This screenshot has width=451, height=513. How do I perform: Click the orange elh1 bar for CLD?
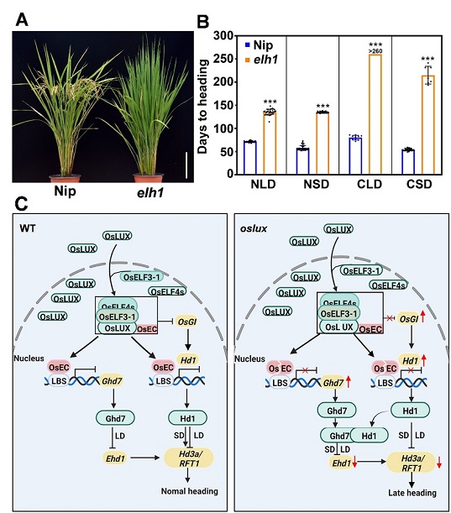coord(375,114)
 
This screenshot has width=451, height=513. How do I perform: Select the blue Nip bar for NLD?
coord(250,157)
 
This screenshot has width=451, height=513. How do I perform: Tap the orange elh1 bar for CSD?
coord(428,124)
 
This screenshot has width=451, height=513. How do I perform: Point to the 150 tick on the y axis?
coord(223,105)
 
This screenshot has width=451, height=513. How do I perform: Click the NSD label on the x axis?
coord(316,184)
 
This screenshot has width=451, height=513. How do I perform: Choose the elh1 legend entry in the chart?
coord(262,60)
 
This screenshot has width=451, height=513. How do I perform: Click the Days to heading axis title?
coord(202,107)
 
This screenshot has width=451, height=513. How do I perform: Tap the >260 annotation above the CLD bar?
coord(375,51)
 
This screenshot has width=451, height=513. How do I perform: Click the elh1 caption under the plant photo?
coord(149,192)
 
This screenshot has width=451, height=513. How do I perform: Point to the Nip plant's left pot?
coord(65,178)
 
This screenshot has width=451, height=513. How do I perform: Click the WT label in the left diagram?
coord(28,228)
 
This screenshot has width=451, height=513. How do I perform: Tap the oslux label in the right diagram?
coord(254,228)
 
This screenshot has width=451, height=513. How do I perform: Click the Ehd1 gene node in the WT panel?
coord(115,458)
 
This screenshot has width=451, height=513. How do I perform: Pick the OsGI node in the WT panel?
coord(187,322)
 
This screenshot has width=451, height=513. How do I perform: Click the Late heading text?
coord(412,492)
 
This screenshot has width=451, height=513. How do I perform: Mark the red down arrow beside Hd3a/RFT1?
coord(439,461)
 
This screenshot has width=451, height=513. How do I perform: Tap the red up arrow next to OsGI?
coord(422,317)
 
